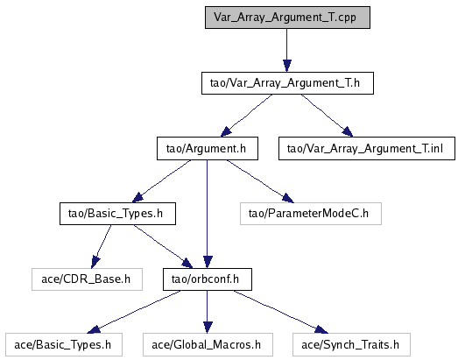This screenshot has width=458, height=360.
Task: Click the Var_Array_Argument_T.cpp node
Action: pos(287,18)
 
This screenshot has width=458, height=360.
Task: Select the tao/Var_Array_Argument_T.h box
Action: pos(287,83)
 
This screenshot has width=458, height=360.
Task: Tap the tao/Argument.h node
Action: pos(208,149)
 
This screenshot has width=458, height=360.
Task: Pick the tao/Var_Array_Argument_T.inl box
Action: pos(367,149)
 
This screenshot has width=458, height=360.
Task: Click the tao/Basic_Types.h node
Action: pos(117,214)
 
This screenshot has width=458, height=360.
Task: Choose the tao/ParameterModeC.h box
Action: pos(311,214)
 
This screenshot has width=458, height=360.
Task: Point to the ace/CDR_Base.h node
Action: pos(87,279)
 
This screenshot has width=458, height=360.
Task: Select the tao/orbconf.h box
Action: pos(208,279)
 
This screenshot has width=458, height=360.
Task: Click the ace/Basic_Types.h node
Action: pos(64,345)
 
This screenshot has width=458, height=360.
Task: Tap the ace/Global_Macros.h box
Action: pos(208,345)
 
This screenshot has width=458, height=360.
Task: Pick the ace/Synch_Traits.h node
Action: pos(351,345)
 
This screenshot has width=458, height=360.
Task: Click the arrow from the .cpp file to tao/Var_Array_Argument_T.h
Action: pos(287,50)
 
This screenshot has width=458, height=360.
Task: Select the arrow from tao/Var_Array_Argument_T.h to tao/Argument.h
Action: pos(246,116)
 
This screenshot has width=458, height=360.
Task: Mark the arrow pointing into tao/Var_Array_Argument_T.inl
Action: pos(328,116)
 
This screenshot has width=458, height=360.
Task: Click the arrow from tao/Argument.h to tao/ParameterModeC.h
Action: pos(260,181)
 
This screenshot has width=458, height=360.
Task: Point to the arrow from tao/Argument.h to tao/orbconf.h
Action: pos(207,215)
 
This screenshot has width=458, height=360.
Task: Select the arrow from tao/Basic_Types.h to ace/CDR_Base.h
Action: pos(101,247)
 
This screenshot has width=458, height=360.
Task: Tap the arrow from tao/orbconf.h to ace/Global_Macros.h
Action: pos(207,312)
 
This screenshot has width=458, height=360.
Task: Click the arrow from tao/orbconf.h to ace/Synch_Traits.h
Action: pos(281,312)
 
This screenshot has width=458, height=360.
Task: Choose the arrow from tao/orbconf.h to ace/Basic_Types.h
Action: pos(134,312)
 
